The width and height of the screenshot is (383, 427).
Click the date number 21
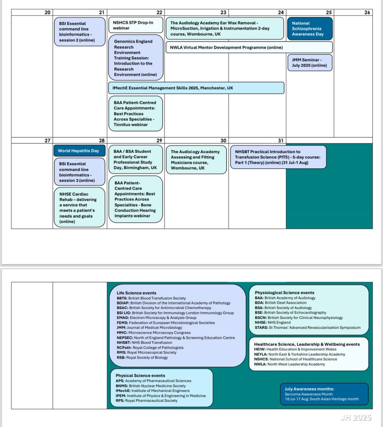[x=102, y=12]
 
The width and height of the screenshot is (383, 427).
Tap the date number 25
[x=329, y=12]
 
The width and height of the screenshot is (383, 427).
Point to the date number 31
[x=280, y=141]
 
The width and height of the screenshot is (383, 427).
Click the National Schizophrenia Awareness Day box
[x=309, y=28]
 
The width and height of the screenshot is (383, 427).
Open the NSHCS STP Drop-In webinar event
[x=135, y=25]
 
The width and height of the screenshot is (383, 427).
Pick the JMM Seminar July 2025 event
[x=309, y=63]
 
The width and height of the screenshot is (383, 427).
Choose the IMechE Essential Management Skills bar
[x=196, y=88]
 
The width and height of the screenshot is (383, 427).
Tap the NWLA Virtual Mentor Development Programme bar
[x=249, y=47]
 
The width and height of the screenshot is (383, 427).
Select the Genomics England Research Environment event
[x=135, y=58]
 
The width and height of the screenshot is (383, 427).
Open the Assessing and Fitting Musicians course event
[x=196, y=160]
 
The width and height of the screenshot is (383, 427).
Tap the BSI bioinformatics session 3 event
[x=80, y=172]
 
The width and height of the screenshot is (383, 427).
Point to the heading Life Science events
[x=131, y=293]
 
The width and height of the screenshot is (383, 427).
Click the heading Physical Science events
[x=140, y=375]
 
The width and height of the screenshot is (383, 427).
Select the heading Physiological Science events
[x=284, y=292]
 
